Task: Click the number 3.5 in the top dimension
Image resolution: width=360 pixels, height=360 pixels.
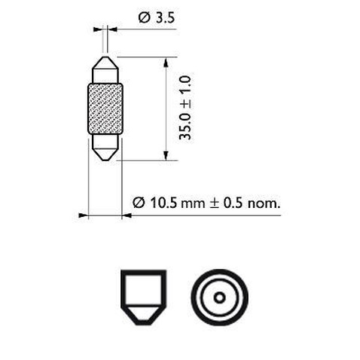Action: click(163, 16)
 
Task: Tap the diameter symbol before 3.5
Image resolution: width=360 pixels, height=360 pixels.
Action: click(144, 16)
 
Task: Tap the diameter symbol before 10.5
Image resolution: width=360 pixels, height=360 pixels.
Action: click(137, 202)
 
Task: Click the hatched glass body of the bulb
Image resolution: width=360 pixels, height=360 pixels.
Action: click(105, 109)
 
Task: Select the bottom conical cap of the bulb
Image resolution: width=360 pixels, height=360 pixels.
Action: click(105, 147)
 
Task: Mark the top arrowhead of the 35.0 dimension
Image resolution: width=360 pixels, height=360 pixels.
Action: click(165, 61)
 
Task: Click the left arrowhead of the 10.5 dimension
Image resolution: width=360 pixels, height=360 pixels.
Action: click(84, 215)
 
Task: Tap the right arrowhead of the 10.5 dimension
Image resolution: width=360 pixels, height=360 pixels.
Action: click(126, 215)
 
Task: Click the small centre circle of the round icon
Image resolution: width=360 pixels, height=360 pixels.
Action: click(218, 297)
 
